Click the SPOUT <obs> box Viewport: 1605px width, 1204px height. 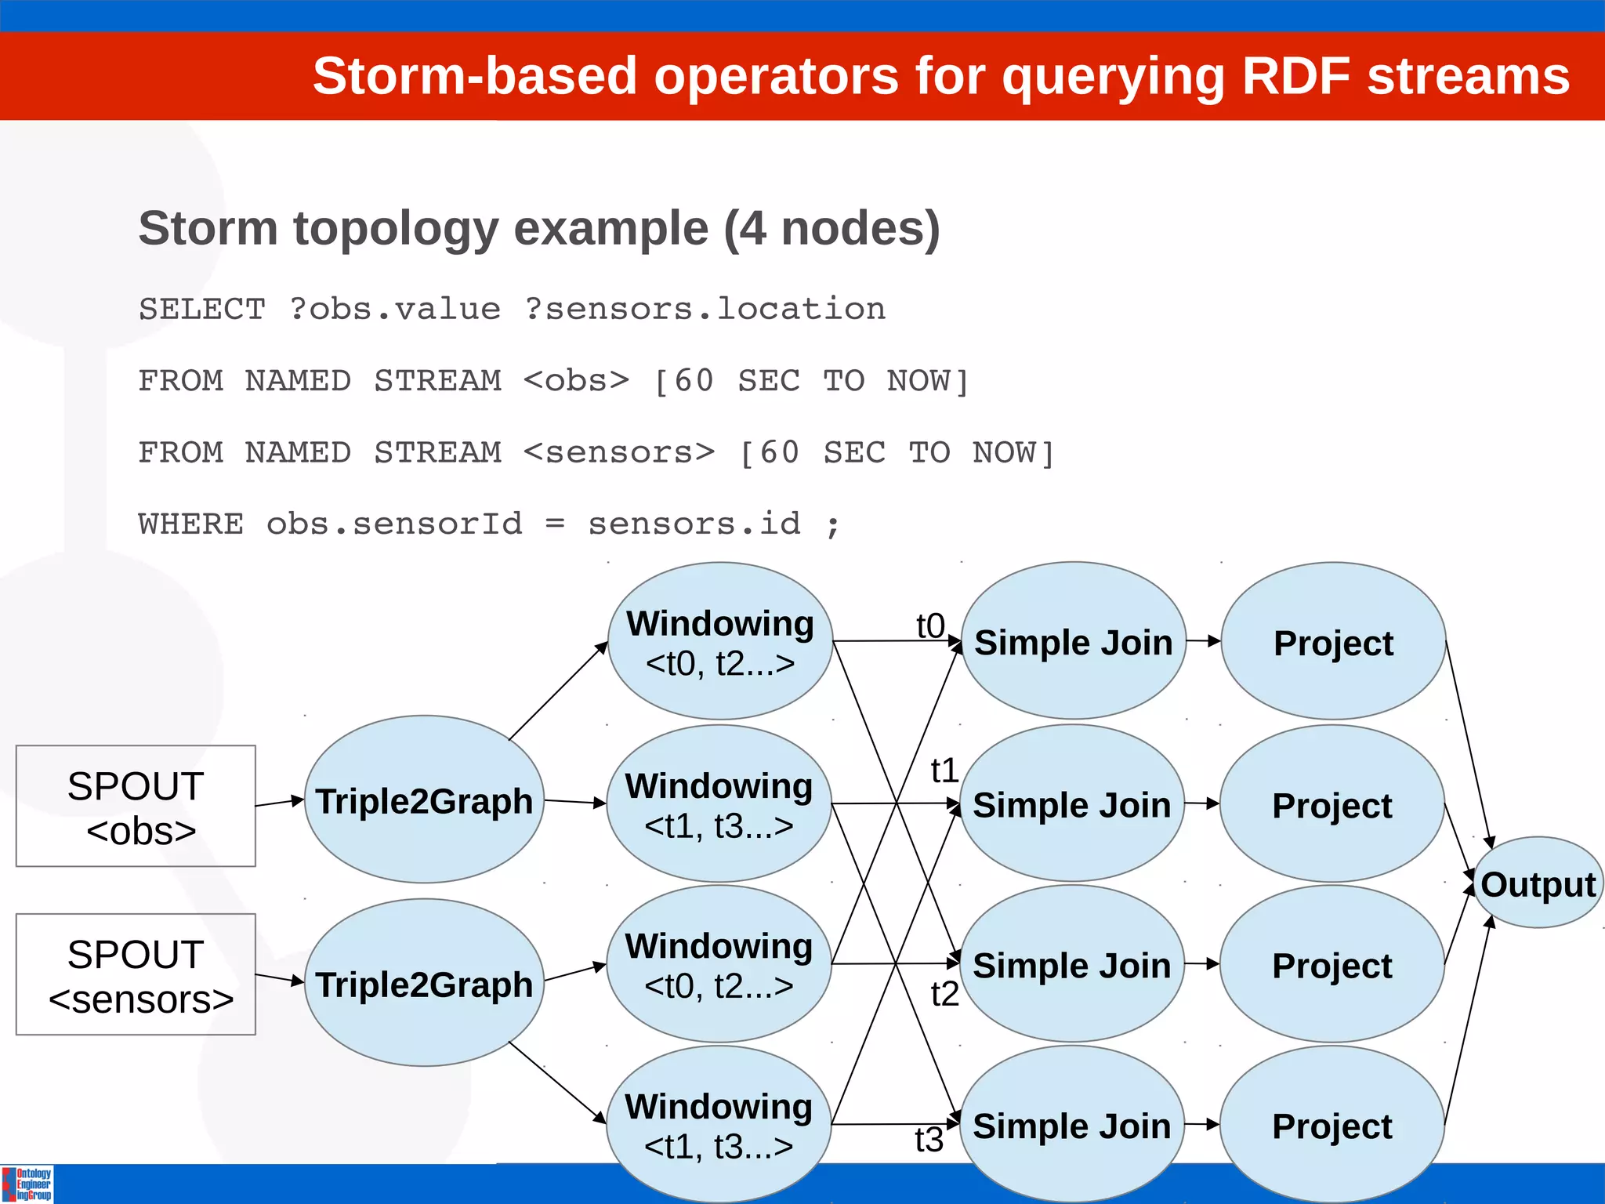pyautogui.click(x=136, y=807)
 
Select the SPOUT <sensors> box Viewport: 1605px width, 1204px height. pyautogui.click(x=136, y=974)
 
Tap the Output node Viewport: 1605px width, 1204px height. pyautogui.click(x=1538, y=883)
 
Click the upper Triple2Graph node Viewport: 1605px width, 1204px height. pyautogui.click(x=423, y=800)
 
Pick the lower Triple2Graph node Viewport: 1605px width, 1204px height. pyautogui.click(x=423, y=984)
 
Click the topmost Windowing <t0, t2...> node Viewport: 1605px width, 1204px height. pyautogui.click(x=719, y=641)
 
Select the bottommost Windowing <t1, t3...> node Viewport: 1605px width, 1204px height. pyautogui.click(x=718, y=1125)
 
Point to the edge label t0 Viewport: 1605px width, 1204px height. pyautogui.click(x=930, y=626)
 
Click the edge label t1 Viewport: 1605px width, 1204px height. pyautogui.click(x=944, y=771)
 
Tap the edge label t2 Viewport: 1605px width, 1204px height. pyautogui.click(x=944, y=994)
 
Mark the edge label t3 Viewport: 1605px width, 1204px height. pyautogui.click(x=929, y=1140)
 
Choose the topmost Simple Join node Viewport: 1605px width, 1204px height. pyautogui.click(x=1073, y=642)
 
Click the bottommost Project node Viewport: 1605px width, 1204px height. pyautogui.click(x=1331, y=1126)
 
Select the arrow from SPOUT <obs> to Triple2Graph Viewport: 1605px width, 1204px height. pyautogui.click(x=279, y=802)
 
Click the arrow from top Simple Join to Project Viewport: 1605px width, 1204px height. pyautogui.click(x=1203, y=641)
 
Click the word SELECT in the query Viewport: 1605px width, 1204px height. pyautogui.click(x=202, y=309)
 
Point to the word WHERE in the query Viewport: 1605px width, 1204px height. pyautogui.click(x=190, y=524)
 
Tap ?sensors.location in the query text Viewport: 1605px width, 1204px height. pyautogui.click(x=705, y=309)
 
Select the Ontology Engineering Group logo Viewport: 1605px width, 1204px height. pyautogui.click(x=27, y=1184)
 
